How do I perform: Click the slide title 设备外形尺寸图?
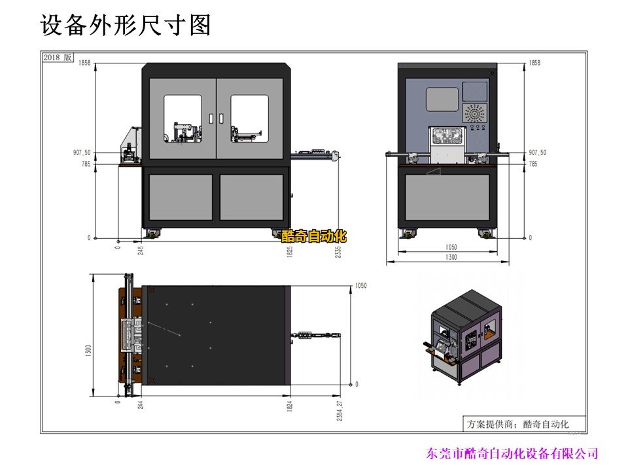(126, 26)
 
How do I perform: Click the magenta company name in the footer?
(512, 453)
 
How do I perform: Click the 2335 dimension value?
(338, 253)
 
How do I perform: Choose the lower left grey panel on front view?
(181, 197)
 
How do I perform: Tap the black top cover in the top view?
(216, 335)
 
